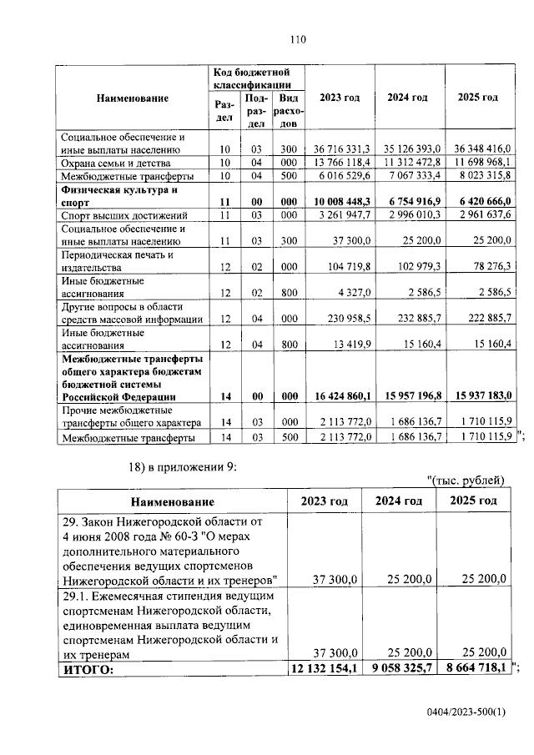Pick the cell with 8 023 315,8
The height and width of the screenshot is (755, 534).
485,176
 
